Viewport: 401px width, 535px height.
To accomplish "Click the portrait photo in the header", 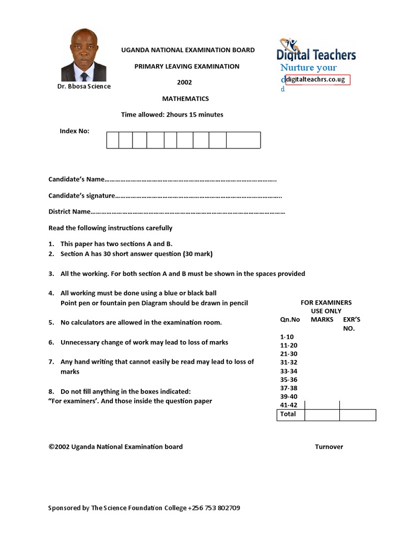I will click(x=84, y=55).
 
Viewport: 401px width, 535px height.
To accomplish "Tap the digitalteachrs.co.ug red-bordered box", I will click(x=317, y=79).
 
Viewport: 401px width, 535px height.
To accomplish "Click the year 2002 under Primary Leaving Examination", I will click(x=184, y=83).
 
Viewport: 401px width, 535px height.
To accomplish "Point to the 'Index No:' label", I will click(x=75, y=131).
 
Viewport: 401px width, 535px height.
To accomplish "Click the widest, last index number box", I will click(x=243, y=140).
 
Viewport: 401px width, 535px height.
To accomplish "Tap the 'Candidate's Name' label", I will click(x=77, y=179).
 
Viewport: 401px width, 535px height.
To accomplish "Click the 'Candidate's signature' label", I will click(x=81, y=196).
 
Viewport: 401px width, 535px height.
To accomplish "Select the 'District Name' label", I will click(x=69, y=212).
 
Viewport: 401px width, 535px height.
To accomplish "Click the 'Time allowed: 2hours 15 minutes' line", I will click(x=172, y=114).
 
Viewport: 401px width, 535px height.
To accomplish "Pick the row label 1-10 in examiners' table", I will click(x=287, y=338).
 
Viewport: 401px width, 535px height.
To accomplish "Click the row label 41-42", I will click(x=289, y=404).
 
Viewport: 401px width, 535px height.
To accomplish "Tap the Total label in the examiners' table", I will click(x=288, y=414).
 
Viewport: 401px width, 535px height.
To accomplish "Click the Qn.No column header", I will click(x=290, y=319).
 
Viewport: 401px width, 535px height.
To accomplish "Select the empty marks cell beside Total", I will click(x=322, y=415).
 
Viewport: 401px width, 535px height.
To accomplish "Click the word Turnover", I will click(x=329, y=447).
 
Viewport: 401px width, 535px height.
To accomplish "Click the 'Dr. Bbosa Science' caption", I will click(x=84, y=86).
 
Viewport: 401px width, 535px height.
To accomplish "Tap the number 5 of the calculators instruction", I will click(x=51, y=322).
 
